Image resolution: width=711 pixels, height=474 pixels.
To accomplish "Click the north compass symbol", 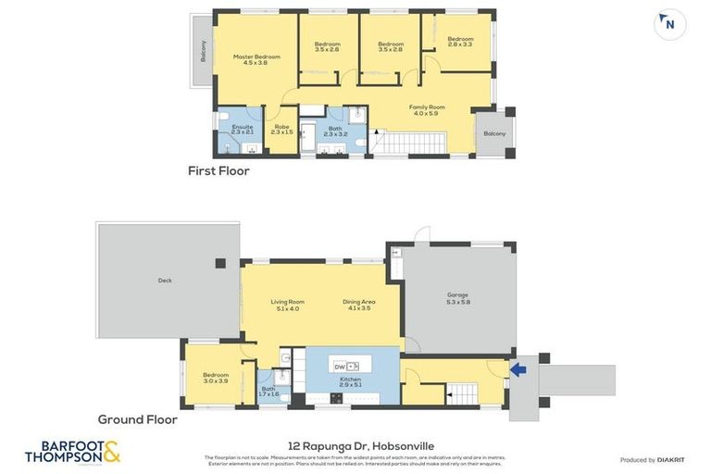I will [x=670, y=25].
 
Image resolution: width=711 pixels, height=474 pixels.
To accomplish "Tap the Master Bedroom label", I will [x=256, y=59].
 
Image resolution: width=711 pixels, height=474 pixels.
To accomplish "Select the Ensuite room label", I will [x=243, y=130].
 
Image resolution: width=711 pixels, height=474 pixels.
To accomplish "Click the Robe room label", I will [x=281, y=130].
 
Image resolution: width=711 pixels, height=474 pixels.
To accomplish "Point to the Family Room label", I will [x=427, y=110].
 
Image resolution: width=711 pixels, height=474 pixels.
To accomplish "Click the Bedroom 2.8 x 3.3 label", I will [x=460, y=42].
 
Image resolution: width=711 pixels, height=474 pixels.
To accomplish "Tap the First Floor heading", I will [x=218, y=170].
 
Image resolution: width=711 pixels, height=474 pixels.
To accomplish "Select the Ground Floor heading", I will [x=137, y=419].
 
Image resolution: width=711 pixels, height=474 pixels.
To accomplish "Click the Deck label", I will [x=165, y=281].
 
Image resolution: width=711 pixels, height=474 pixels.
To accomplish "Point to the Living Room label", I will [x=287, y=305].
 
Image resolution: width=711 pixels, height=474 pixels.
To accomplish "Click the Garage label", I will [x=458, y=298].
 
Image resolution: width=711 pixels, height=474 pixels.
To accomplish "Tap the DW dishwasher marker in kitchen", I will [x=340, y=367].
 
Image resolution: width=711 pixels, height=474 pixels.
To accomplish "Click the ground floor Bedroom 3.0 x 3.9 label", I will [x=216, y=378].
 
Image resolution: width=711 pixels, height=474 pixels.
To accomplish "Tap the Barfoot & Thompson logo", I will [x=72, y=453].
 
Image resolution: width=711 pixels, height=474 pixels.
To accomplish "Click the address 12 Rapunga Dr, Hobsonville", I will [x=355, y=444].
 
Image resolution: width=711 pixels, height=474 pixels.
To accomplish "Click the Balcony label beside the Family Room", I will [x=494, y=132].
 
